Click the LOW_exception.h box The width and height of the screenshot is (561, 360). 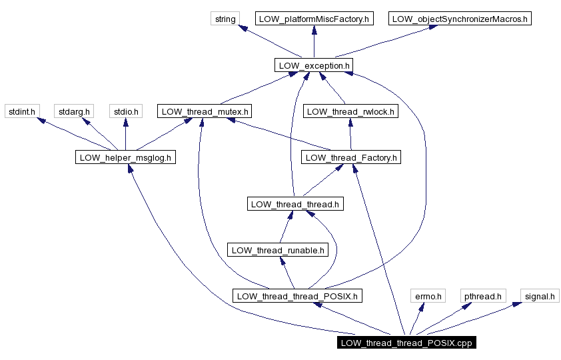pos(313,65)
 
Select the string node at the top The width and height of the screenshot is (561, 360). pos(225,19)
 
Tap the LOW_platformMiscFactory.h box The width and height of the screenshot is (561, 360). pos(313,19)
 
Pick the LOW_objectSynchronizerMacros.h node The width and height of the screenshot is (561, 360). pos(460,19)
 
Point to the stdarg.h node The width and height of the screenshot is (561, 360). pos(73,111)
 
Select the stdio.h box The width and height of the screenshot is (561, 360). pos(125,111)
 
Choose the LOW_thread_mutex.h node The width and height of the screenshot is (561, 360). pos(205,111)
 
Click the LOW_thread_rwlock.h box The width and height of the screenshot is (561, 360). pos(350,111)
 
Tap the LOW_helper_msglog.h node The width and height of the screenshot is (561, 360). pos(125,158)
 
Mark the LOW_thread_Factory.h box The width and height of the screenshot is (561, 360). pos(350,158)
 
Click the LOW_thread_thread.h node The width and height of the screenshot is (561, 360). pos(295,204)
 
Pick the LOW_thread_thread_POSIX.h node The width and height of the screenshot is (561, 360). pos(297,296)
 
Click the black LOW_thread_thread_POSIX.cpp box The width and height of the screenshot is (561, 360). pos(406,343)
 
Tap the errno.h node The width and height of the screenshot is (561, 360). pos(428,296)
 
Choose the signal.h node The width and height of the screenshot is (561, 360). pos(540,296)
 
